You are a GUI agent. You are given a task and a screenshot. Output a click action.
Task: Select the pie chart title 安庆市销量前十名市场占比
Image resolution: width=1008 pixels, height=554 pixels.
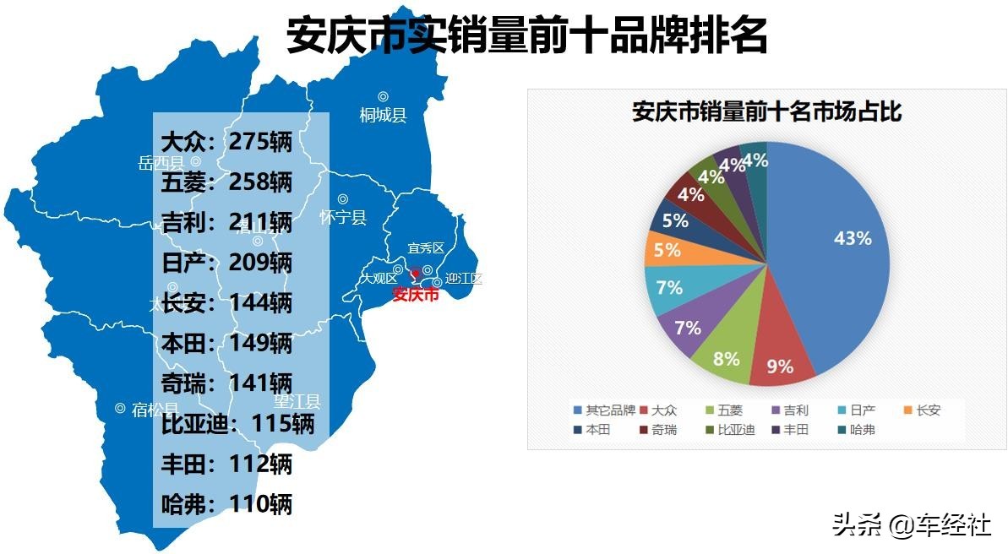[x=766, y=112]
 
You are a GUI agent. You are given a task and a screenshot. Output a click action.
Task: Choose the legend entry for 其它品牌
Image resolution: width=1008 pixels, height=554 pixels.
[x=605, y=410]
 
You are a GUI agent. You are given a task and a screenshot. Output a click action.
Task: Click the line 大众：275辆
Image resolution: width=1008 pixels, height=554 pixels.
[x=226, y=141]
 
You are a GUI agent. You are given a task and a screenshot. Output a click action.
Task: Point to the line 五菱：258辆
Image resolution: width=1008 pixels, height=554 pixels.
[x=226, y=182]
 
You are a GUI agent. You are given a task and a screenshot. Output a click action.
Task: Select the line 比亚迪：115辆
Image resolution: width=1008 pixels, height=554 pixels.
[x=237, y=424]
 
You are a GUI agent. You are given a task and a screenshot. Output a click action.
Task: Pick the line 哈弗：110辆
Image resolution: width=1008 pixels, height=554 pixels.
[x=226, y=505]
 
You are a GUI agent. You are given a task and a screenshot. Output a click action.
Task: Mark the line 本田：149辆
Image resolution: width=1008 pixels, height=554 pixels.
[x=226, y=343]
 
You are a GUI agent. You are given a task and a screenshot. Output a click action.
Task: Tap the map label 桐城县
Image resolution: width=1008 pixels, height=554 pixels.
[x=383, y=115]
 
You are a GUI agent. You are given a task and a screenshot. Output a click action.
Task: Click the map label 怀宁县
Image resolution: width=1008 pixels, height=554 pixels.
[x=343, y=217]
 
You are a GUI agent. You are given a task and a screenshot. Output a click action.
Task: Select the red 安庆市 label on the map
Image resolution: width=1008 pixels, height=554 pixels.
[x=416, y=295]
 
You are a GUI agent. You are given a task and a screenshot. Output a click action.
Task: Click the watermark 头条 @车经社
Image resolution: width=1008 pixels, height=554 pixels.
[x=911, y=525]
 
